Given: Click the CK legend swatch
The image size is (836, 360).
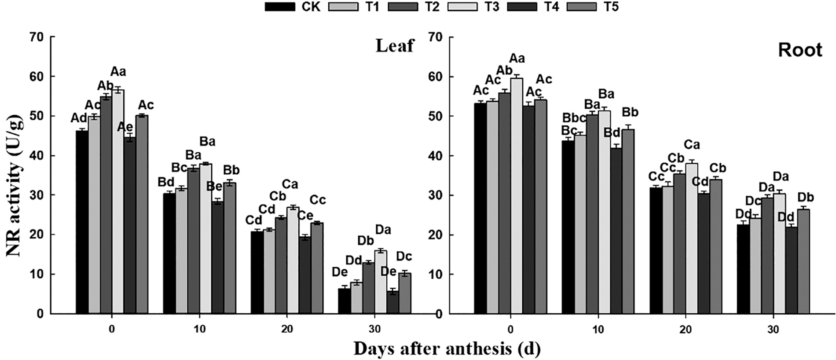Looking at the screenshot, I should tap(280, 7).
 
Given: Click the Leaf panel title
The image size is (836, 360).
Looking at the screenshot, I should tap(395, 46).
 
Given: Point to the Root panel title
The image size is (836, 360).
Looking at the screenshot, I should tap(800, 50).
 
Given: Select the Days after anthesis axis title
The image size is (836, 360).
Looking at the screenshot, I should tap(447, 349).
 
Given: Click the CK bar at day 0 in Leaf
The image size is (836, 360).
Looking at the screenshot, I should tap(82, 222).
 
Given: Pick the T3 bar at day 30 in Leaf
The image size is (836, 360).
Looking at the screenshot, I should tap(381, 282).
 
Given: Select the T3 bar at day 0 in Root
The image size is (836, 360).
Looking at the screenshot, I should tap(517, 196).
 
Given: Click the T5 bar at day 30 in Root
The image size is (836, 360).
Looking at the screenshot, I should tap(803, 261).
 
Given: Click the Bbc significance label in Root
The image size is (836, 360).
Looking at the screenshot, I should tap(574, 118).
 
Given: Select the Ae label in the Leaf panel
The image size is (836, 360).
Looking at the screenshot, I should tap(125, 127).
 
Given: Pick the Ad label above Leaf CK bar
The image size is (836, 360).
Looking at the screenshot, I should tap(79, 118).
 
